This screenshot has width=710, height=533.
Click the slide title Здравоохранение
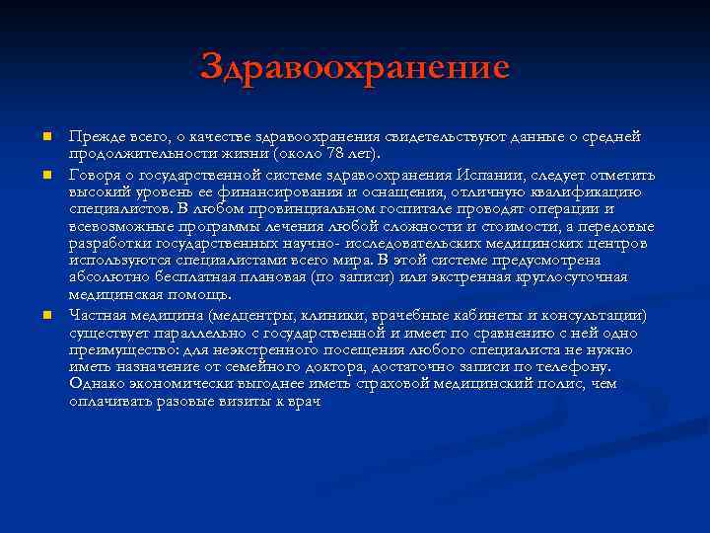354,67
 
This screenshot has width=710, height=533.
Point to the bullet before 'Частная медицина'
45,315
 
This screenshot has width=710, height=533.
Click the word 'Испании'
494,173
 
